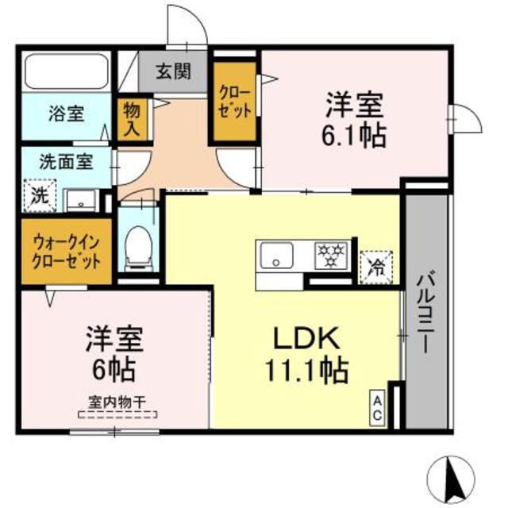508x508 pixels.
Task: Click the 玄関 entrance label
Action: pos(171,72)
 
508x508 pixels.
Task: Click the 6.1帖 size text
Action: pos(354,135)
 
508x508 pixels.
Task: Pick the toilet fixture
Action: pos(140,242)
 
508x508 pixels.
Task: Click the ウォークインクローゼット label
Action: pos(67,251)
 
